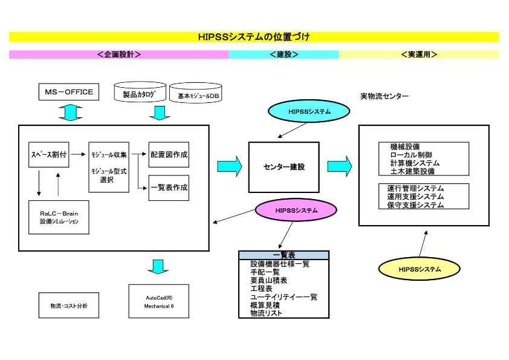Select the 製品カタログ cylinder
pos(140,94)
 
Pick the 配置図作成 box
pos(169,155)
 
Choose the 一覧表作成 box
pos(169,188)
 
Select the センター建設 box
pos(284,166)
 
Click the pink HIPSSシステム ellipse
pos(296,211)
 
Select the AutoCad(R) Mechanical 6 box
pos(158,301)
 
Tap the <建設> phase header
pos(284,54)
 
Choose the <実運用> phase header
pos(419,54)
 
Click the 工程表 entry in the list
pos(262,289)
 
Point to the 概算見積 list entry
pos(265,305)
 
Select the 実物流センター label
pos(384,96)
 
